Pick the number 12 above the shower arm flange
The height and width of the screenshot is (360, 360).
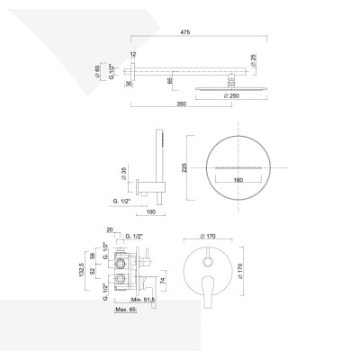tap(132, 55)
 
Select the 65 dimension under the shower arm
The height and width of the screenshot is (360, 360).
tap(171, 80)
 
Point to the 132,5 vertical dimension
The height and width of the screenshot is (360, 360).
tap(82, 270)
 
